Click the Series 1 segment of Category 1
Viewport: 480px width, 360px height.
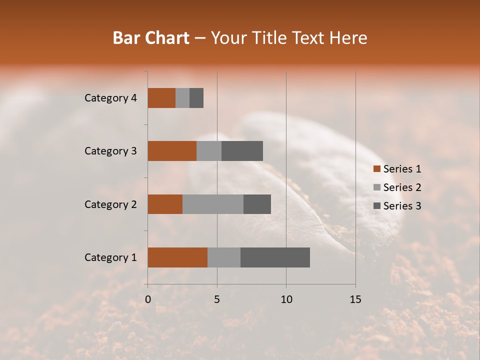177,257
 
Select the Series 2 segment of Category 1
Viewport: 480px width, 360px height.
224,257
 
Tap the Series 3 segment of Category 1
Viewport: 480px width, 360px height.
275,257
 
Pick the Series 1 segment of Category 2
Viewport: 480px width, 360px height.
165,204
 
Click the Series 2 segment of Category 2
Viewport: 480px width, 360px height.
213,204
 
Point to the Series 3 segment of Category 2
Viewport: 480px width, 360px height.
257,204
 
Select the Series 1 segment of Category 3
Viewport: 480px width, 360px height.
172,151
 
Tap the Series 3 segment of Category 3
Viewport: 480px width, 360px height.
242,151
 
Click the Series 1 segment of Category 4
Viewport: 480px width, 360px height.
161,98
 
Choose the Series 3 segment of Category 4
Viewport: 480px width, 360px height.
196,98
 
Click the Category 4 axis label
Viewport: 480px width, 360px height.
110,98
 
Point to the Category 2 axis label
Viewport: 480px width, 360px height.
110,204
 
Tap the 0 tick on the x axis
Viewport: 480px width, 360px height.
148,299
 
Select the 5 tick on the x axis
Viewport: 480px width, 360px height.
217,299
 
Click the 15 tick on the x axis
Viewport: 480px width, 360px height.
355,299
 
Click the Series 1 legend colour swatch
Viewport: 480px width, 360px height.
377,169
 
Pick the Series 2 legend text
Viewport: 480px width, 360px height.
402,187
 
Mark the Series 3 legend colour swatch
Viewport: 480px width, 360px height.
377,206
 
